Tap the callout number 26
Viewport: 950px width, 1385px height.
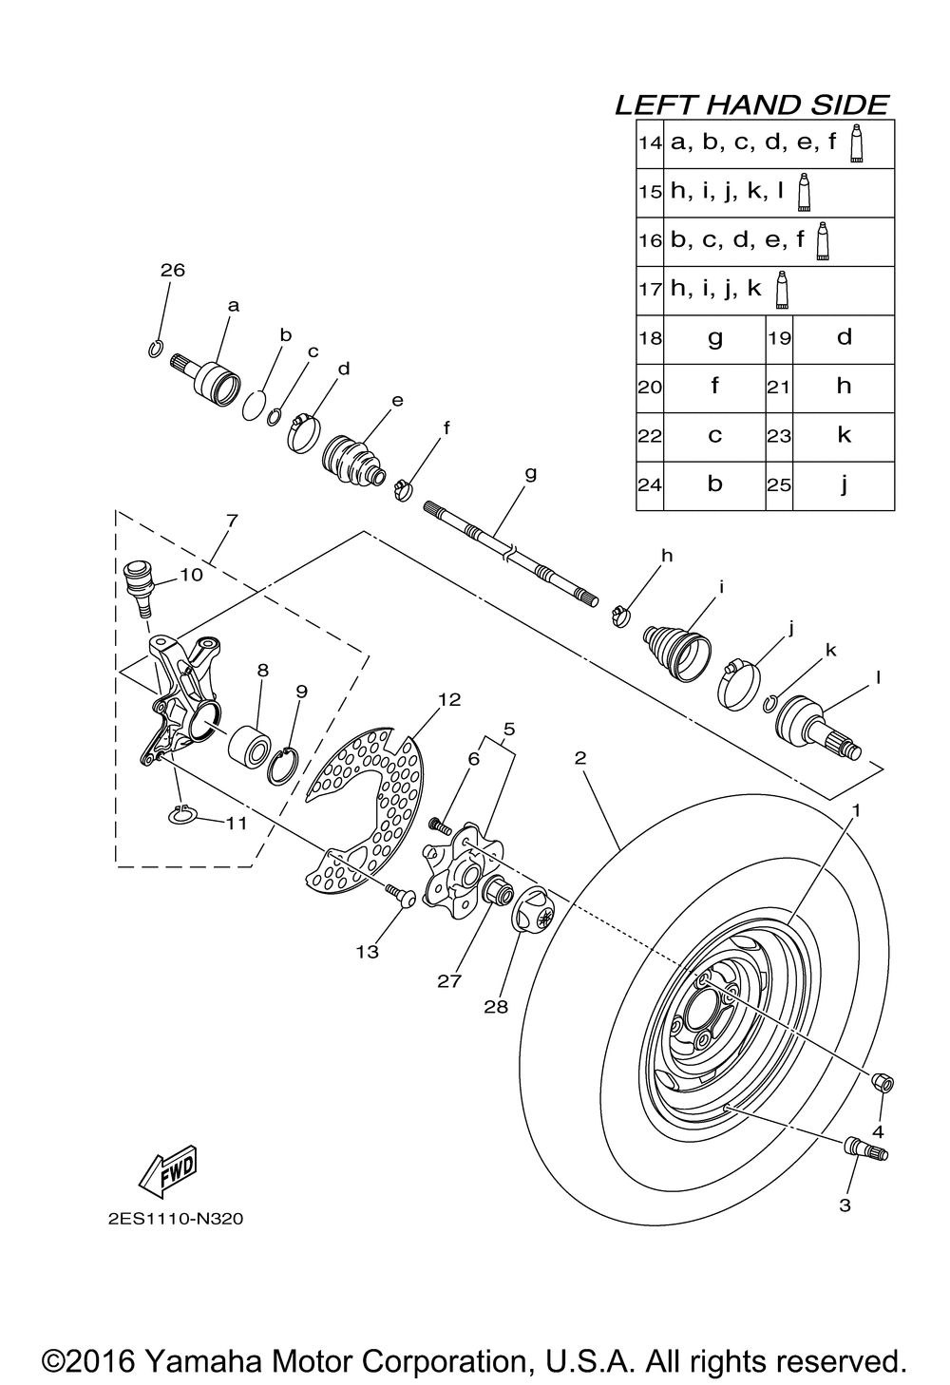click(x=172, y=271)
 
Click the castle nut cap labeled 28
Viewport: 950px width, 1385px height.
click(x=538, y=910)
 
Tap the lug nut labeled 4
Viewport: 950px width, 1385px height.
click(x=881, y=1082)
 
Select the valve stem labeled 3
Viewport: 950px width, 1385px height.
click(x=864, y=1148)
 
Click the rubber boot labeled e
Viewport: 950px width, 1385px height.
click(x=353, y=457)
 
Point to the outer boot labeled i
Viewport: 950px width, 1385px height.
click(x=676, y=649)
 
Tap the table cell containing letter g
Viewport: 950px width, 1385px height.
click(x=714, y=337)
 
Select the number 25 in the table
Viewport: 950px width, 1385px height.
click(x=779, y=484)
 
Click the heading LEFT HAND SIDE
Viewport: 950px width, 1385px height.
click(x=751, y=104)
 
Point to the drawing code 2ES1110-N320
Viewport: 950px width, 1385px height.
click(x=169, y=1218)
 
